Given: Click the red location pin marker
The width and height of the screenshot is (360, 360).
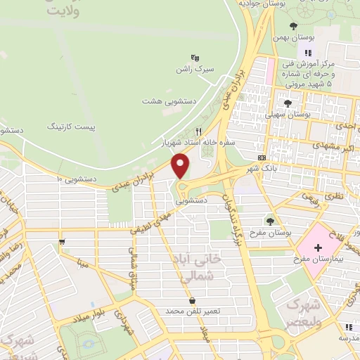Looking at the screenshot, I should click(x=181, y=165).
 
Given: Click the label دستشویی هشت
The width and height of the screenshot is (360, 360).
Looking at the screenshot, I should click(x=162, y=101).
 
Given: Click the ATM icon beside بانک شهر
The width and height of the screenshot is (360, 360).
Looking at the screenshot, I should click(x=262, y=157).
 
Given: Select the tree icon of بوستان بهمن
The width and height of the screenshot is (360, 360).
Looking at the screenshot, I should click(x=293, y=26).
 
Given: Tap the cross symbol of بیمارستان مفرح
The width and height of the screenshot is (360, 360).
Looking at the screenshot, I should click(x=318, y=247).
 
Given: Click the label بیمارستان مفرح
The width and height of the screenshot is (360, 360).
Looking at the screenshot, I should click(x=316, y=261).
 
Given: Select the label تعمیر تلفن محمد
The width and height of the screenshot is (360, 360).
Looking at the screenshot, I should click(x=193, y=310).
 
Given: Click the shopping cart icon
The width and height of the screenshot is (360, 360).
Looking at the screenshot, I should click(x=63, y=242).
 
